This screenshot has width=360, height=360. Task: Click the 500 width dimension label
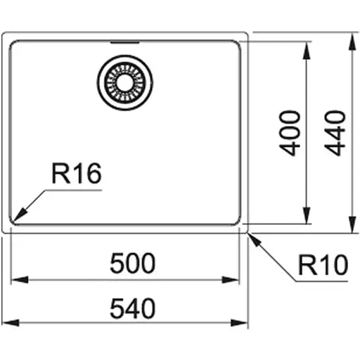(x=132, y=264)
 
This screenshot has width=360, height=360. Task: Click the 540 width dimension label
(x=132, y=308)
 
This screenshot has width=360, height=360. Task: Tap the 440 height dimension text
(x=335, y=132)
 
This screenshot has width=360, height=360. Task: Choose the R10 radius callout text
(x=323, y=266)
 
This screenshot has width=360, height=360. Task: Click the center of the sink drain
(x=124, y=82)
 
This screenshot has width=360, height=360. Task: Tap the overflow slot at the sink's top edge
(x=124, y=41)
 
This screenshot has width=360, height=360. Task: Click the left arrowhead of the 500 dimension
(x=17, y=279)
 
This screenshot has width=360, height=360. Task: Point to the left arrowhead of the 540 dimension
(x=7, y=323)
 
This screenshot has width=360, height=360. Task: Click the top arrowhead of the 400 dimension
(x=307, y=46)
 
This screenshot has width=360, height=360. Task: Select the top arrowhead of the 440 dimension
(x=351, y=37)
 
